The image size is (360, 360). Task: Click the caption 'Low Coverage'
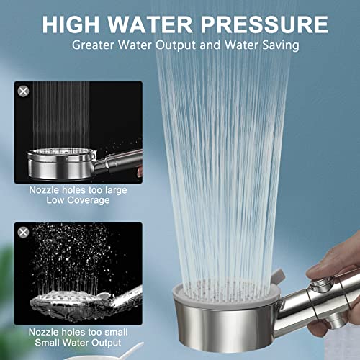point(78,199)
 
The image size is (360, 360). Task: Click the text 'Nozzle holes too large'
point(78,189)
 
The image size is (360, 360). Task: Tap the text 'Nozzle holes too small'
point(78,332)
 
